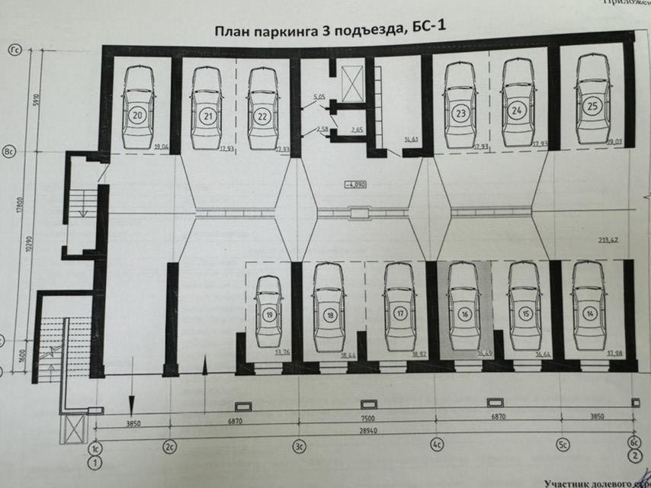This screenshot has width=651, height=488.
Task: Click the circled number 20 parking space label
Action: tap(138, 117)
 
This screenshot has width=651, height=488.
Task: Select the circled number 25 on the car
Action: tap(592, 107)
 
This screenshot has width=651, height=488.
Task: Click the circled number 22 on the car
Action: tap(261, 117)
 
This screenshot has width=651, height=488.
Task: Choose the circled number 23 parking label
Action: tap(460, 114)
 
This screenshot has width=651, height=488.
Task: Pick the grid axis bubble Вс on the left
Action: tap(12, 150)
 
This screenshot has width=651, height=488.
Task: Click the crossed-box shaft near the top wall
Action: tap(353, 79)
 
